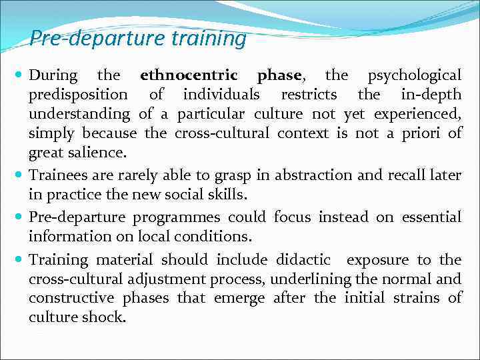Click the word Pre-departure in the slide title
point(97,39)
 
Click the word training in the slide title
point(209,39)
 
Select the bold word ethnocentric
point(189,75)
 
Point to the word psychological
point(415,75)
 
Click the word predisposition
point(78,95)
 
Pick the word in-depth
point(431,95)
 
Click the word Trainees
point(62,175)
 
